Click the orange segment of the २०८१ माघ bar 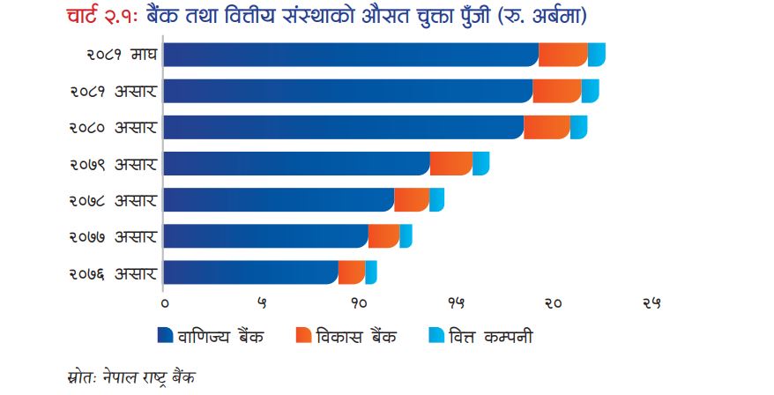click(x=563, y=55)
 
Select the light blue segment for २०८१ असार click(x=591, y=91)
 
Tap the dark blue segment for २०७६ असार click(x=250, y=272)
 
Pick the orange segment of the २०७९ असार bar click(x=451, y=163)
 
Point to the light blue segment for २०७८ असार click(x=437, y=200)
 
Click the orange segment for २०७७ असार click(x=384, y=236)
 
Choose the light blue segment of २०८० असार click(x=579, y=127)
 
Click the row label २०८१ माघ click(x=123, y=55)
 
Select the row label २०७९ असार click(x=113, y=164)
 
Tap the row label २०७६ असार click(x=113, y=273)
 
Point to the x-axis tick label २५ click(x=651, y=303)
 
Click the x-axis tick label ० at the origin click(x=164, y=303)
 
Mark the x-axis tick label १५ click(x=456, y=303)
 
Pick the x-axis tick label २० click(x=554, y=303)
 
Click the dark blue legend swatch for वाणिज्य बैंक click(x=166, y=335)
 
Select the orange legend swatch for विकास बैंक click(x=303, y=335)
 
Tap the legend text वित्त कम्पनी click(x=491, y=336)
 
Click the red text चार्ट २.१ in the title click(x=104, y=17)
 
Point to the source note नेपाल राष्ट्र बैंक click(x=150, y=377)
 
